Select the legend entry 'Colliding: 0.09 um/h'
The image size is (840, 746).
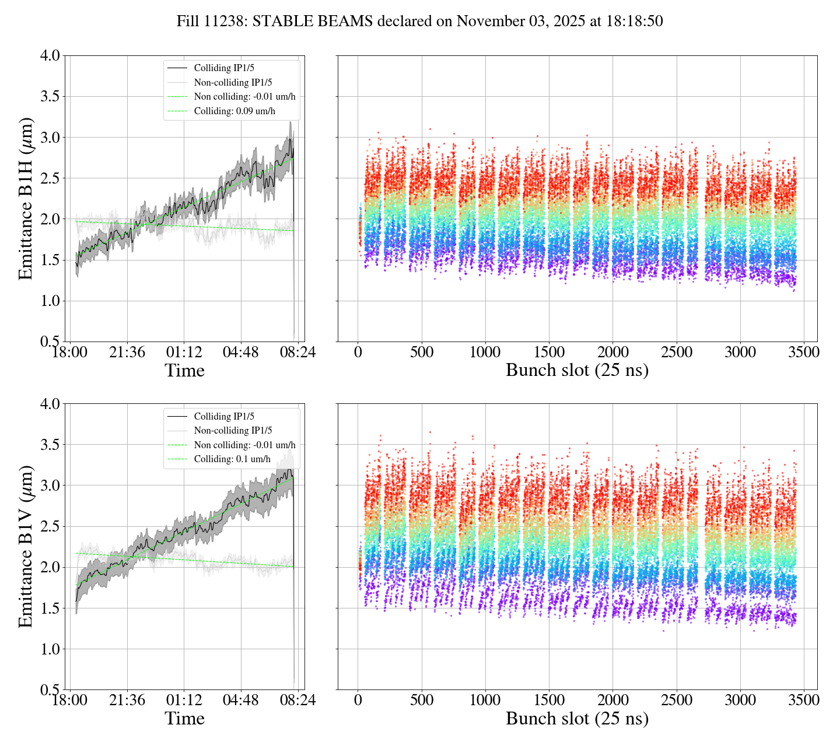(x=235, y=111)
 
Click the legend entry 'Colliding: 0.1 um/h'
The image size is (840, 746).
(x=232, y=459)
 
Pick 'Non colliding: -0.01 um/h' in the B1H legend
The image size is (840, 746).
(x=244, y=97)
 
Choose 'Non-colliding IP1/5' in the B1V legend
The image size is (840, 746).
(x=233, y=430)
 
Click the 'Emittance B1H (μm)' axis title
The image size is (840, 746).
(x=26, y=199)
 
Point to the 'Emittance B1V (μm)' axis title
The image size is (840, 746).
(x=26, y=547)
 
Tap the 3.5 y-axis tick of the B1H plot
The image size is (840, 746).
(x=50, y=96)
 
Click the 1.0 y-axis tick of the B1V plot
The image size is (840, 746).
(x=50, y=649)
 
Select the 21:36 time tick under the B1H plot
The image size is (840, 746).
(x=127, y=353)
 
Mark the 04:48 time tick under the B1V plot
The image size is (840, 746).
(x=241, y=700)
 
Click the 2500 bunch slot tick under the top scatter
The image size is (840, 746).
(x=676, y=353)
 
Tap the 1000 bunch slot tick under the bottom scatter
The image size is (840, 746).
(x=485, y=700)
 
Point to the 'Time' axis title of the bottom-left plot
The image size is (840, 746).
(x=184, y=719)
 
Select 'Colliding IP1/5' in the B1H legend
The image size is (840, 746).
(x=224, y=68)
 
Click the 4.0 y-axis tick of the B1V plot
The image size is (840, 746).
(x=50, y=404)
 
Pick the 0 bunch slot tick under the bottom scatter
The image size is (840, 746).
(x=358, y=700)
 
